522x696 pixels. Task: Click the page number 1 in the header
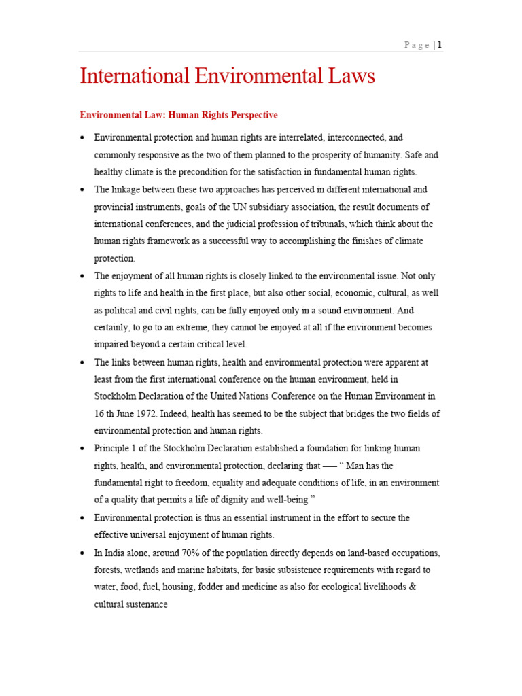(440, 46)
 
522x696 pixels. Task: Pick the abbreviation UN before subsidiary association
(235, 207)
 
